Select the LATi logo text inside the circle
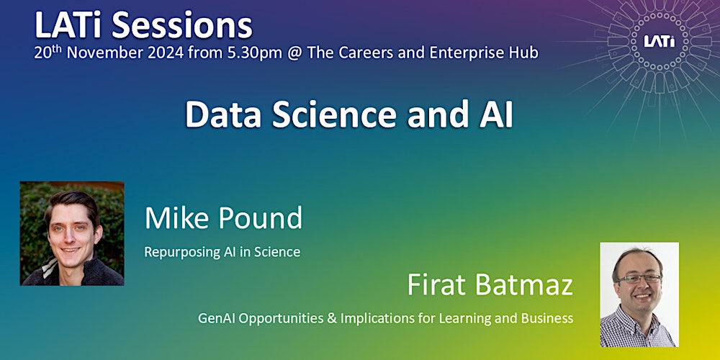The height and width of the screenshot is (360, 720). tap(659, 41)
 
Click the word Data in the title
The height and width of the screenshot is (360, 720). tap(220, 115)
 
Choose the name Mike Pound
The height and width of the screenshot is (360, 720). tap(223, 217)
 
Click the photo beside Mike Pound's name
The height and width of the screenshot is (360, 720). tap(72, 233)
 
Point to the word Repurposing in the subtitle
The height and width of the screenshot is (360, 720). tap(177, 252)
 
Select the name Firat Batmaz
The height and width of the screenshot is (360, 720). tap(490, 285)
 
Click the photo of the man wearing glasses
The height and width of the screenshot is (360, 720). tap(639, 294)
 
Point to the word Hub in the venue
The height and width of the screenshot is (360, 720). tap(525, 53)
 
